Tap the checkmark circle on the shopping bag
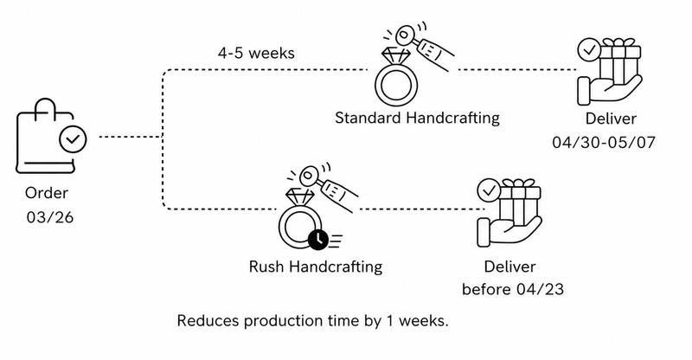click(71, 138)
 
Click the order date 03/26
click(49, 217)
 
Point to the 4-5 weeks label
click(256, 54)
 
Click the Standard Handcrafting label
click(417, 117)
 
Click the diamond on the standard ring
click(396, 55)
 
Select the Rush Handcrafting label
click(315, 266)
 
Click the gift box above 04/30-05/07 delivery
click(614, 61)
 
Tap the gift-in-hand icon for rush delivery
click(509, 212)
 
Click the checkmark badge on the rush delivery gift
click(490, 188)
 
